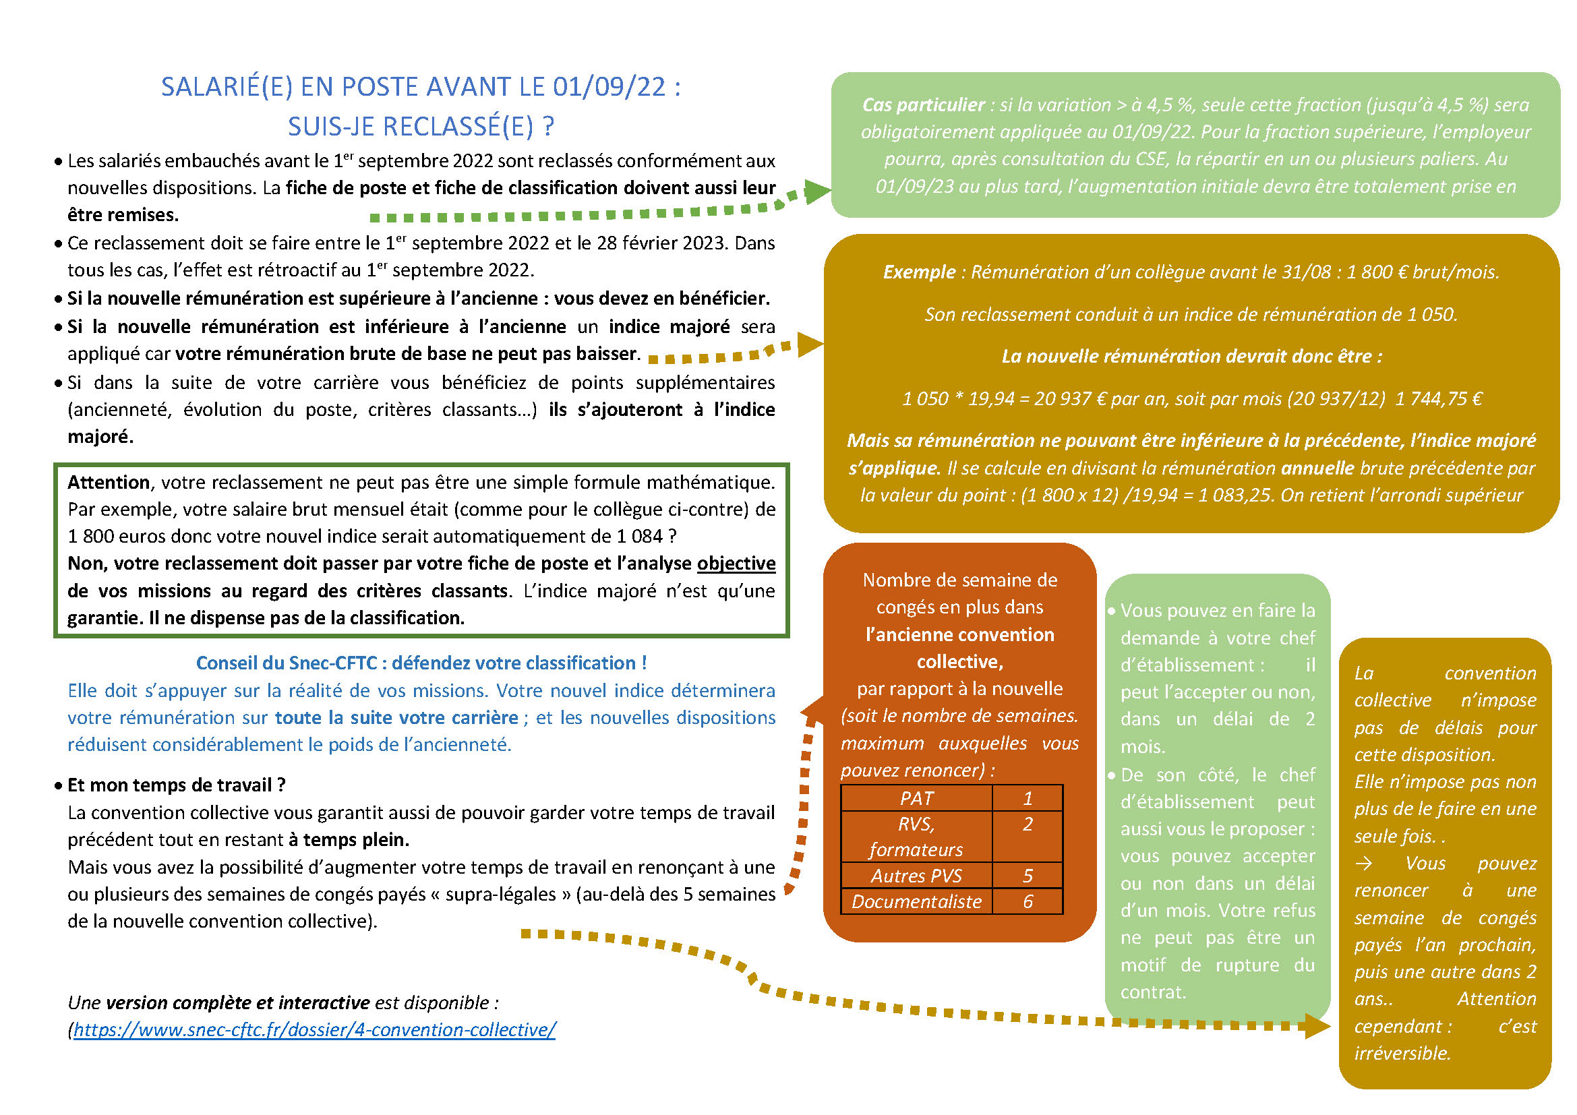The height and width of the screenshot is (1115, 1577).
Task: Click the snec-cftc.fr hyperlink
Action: [314, 1030]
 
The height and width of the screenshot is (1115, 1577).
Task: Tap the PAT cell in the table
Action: [916, 798]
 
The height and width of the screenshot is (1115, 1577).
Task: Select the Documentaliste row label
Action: [916, 901]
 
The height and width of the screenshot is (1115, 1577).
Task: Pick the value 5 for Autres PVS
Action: [1028, 876]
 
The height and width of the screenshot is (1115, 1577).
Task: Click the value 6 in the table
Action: [1028, 901]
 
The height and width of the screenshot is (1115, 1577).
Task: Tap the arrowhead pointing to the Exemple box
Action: [810, 344]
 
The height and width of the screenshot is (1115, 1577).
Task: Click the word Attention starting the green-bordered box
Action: [108, 483]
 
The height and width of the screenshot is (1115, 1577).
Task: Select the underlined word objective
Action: [736, 564]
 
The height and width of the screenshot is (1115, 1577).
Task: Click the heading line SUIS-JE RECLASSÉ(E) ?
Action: [420, 127]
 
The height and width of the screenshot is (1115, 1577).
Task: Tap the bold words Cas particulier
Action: [923, 105]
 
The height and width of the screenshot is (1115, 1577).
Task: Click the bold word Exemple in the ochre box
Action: [918, 272]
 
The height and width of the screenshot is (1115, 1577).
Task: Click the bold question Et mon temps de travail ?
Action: [176, 785]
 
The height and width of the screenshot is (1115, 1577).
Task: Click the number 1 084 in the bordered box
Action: [638, 536]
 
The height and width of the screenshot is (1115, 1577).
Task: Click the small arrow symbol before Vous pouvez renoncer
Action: [1363, 864]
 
